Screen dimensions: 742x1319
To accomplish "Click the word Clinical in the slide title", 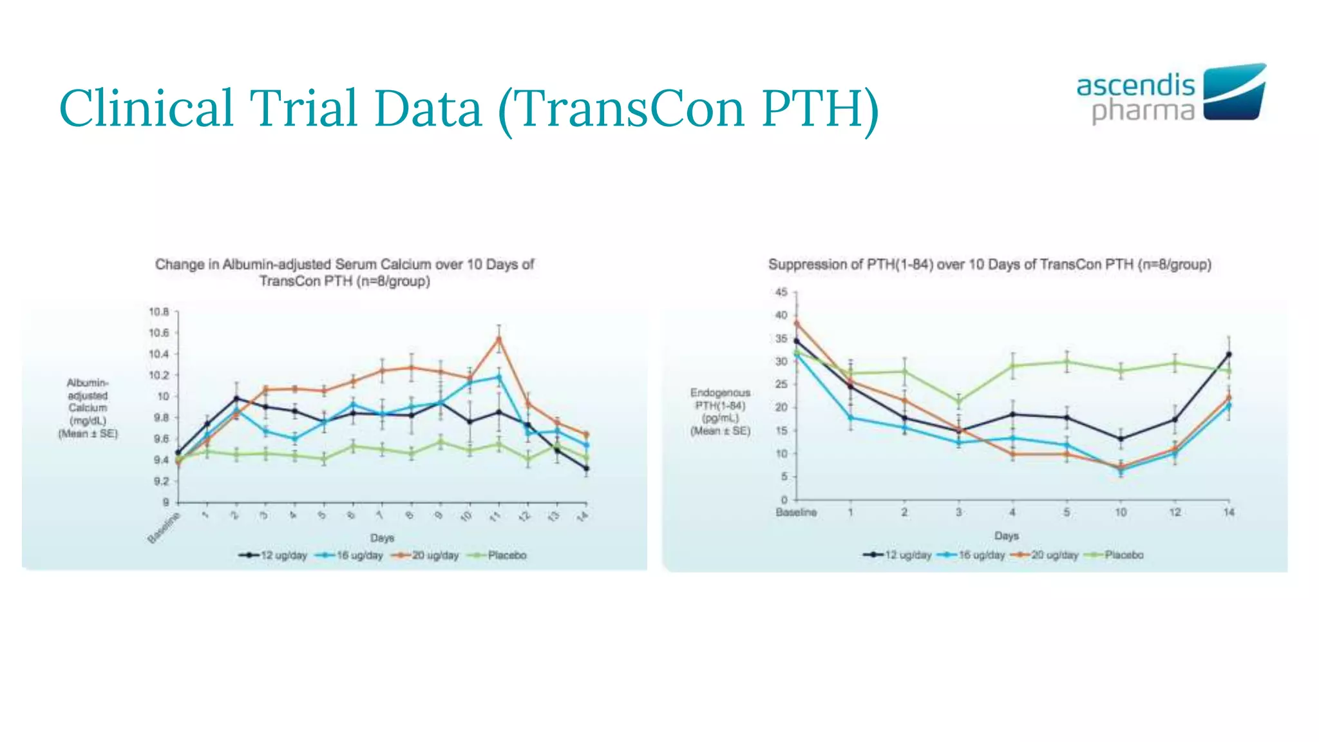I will (146, 108).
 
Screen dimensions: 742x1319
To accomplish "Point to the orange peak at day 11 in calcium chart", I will (498, 339).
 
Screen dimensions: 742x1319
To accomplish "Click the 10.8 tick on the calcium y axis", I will (158, 312).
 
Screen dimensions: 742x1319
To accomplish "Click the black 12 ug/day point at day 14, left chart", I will (586, 468).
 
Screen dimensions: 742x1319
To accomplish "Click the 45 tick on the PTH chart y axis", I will (781, 292).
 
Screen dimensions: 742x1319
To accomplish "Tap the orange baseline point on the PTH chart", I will (797, 323).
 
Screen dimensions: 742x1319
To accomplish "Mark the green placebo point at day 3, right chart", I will (958, 401).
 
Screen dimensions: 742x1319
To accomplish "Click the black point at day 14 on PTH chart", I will (1229, 354).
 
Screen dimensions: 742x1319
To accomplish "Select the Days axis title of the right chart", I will (1006, 536).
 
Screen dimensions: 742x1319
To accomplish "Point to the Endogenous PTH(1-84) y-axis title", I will (720, 411).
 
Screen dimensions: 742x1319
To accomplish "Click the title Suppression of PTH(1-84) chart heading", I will (989, 264).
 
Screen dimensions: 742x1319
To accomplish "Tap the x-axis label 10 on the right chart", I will (1121, 512).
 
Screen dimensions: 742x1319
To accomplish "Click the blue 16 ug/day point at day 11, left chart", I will (498, 377).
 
